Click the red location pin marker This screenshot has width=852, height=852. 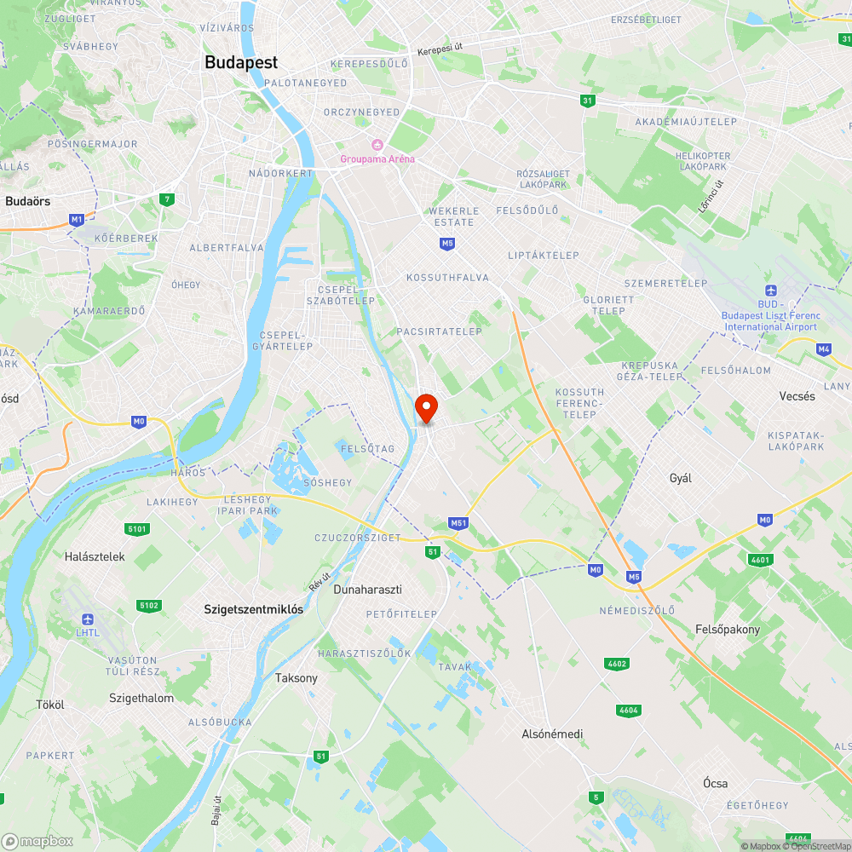point(426,408)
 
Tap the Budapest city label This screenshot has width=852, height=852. point(241,62)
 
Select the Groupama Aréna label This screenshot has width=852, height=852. point(377,158)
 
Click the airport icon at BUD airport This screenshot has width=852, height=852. point(770,291)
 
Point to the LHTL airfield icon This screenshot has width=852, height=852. point(88,619)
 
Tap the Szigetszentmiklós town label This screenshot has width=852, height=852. point(254,609)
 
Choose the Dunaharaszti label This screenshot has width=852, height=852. point(367,589)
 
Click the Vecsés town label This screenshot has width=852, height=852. point(797,396)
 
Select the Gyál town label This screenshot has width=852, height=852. point(681,478)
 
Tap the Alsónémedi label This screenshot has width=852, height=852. point(552,734)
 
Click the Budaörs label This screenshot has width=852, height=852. point(28,201)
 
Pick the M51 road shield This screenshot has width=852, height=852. point(458,522)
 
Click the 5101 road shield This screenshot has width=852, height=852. point(136,529)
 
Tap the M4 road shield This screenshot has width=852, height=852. point(823,349)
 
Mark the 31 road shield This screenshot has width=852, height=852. point(587,101)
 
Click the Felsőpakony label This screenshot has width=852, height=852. point(728,630)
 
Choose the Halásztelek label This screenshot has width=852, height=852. point(95,556)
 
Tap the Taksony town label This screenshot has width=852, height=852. point(296,678)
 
